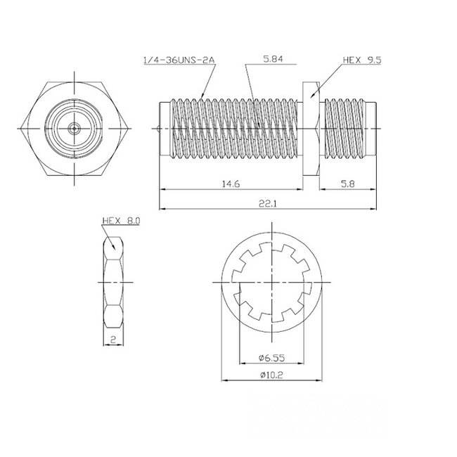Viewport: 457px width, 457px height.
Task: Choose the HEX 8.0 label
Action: tap(121, 221)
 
